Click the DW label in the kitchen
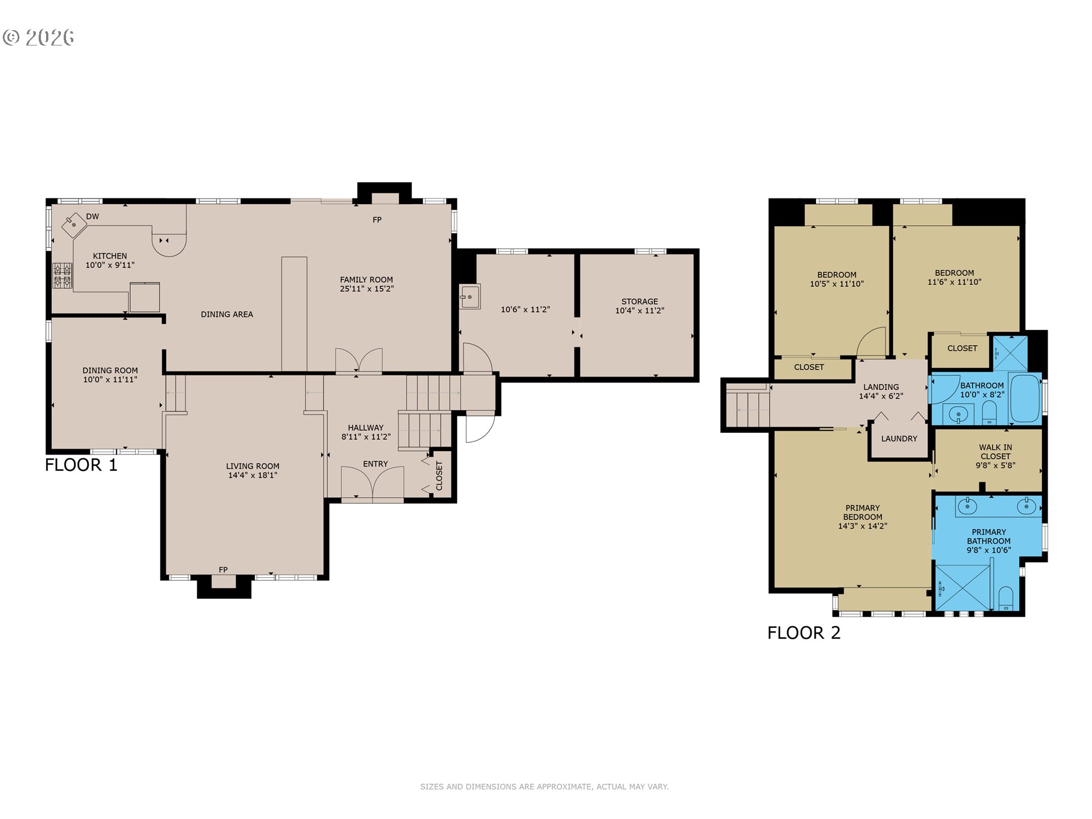coord(93,217)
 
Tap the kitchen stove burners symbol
coord(63,275)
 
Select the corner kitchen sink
coord(74,225)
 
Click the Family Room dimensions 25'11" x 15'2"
coord(367,289)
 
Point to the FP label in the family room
coord(377,220)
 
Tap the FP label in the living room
coord(223,570)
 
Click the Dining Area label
coord(227,315)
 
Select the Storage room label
coord(640,301)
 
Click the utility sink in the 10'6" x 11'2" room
coord(470,297)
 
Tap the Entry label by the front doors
coord(375,464)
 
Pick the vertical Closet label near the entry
coord(439,475)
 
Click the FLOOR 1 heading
coord(81,465)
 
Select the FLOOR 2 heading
coord(804,633)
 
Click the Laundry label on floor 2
coord(899,439)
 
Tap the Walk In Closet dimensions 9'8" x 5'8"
coord(995,465)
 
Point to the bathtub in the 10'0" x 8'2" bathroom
coord(1025,397)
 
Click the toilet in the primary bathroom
coord(1006,598)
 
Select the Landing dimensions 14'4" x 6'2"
coord(881,396)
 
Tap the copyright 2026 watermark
coord(39,38)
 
